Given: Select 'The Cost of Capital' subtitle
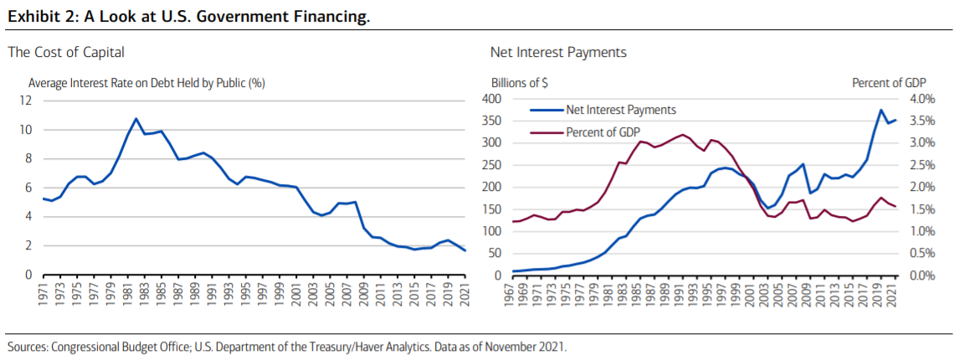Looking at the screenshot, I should (66, 52).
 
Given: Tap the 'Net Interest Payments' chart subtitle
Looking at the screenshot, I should (558, 52).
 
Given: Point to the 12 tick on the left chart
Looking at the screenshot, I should (25, 100).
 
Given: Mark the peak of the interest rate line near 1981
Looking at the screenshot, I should (136, 118).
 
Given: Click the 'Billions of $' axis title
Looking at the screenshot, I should (519, 83).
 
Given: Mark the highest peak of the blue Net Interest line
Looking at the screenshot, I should (881, 110).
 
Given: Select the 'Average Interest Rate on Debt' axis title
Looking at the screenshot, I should (146, 83).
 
